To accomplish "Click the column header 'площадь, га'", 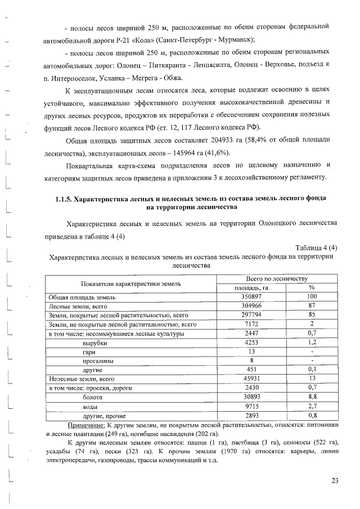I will pyautogui.click(x=251, y=288).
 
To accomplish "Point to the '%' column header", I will pyautogui.click(x=312, y=288).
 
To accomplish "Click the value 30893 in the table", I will pyautogui.click(x=251, y=397).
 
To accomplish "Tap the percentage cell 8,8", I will pyautogui.click(x=312, y=397).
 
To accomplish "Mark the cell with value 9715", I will pyautogui.click(x=251, y=406).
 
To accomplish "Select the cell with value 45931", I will pyautogui.click(x=251, y=379).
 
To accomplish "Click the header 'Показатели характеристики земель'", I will pyautogui.click(x=130, y=283).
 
